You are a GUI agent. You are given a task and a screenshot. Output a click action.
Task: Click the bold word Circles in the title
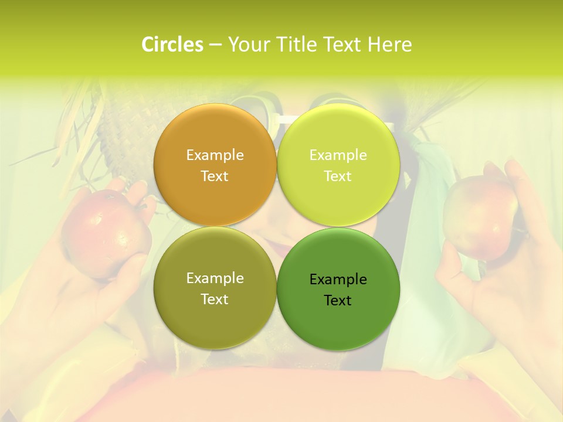point(172,45)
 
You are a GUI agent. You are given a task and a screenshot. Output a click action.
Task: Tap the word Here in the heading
point(389,45)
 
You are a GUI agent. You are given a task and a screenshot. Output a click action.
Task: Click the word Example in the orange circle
point(215,155)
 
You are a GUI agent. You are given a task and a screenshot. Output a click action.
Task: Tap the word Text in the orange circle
point(215,176)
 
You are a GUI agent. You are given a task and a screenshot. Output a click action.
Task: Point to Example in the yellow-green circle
point(338,155)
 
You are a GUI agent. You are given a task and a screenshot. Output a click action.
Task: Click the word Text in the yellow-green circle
point(338,176)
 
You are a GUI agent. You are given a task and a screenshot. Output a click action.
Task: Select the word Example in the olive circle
point(215,278)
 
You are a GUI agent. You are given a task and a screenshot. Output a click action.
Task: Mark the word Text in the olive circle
point(215,300)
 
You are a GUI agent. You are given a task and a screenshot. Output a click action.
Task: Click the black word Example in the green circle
point(338,280)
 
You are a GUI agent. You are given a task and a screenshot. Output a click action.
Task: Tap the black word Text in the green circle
point(338,301)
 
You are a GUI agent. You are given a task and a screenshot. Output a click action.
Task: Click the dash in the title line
point(215,45)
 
